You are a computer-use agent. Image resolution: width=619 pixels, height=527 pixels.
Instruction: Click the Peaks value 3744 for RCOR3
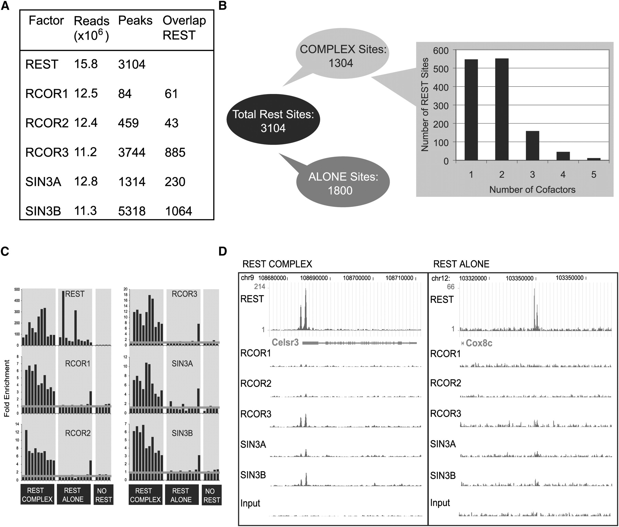pos(132,152)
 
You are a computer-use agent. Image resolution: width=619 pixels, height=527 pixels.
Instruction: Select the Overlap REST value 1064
pos(178,211)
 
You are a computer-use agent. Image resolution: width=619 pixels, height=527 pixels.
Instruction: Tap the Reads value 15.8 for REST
pos(86,64)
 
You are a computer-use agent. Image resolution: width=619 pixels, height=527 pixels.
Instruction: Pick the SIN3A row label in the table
pos(43,181)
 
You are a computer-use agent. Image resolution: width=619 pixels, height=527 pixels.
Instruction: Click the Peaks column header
pos(135,21)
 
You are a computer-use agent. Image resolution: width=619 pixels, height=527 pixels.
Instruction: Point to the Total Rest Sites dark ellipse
pos(273,121)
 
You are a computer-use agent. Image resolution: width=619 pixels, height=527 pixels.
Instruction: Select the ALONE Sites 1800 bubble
pos(343,183)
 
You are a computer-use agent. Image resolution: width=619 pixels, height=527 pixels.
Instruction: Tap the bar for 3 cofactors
pos(532,145)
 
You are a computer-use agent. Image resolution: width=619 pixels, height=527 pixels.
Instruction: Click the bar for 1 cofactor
pos(471,109)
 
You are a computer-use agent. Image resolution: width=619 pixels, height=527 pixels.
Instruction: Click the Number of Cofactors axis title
pos(532,189)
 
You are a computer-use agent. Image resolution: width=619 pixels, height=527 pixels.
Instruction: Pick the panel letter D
pos(222,251)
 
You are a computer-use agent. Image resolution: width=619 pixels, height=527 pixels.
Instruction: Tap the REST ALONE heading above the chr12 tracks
pos(461,264)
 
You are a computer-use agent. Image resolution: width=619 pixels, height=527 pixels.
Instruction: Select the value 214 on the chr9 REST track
pos(259,287)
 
